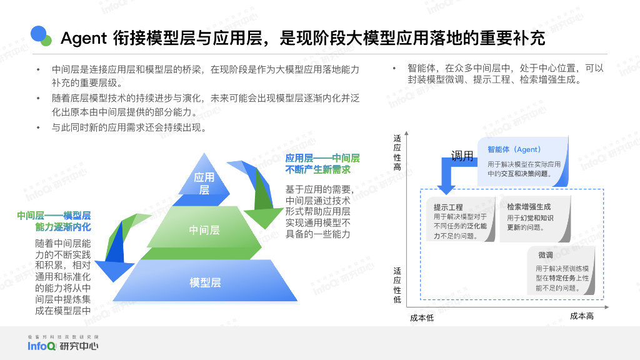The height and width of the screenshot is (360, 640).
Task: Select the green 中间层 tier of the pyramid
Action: (204, 230)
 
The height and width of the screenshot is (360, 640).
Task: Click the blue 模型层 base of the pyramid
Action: (205, 282)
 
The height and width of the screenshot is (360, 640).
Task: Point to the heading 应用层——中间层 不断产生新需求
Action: (322, 164)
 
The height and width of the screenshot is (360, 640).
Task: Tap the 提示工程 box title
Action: (448, 207)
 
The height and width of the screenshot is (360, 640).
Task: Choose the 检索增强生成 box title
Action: (529, 206)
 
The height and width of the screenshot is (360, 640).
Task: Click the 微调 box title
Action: (545, 255)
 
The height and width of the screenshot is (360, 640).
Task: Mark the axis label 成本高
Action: (581, 316)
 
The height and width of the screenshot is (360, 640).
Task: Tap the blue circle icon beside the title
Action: (39, 34)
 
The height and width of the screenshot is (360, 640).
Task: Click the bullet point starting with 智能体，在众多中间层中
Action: (497, 74)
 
